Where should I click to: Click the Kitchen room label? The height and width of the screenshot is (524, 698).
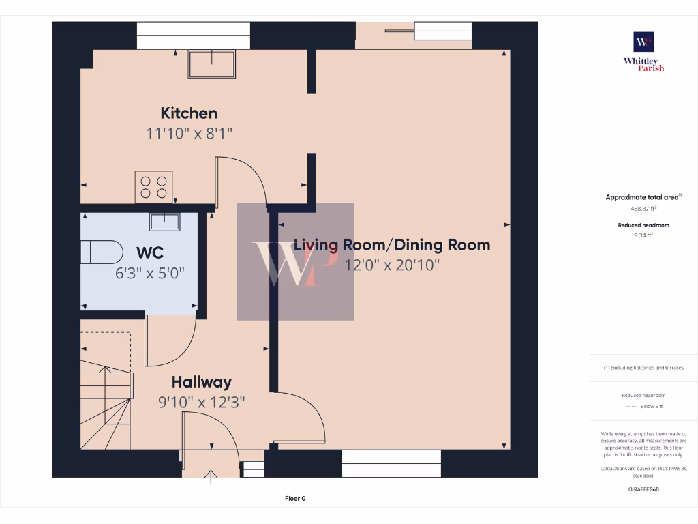click(189, 113)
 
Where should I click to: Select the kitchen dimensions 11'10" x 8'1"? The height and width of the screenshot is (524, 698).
click(189, 133)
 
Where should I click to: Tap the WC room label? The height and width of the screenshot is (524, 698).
click(150, 252)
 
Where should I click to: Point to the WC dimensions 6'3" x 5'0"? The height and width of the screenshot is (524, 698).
click(149, 273)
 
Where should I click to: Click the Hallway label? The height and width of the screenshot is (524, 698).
click(202, 382)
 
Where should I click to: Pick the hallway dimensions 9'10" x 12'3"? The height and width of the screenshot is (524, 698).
click(202, 403)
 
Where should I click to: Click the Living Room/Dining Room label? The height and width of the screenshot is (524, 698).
click(392, 245)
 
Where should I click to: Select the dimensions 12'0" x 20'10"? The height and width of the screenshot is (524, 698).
click(392, 265)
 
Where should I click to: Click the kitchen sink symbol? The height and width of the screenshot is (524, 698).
click(212, 65)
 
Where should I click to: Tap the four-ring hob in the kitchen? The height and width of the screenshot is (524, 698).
click(153, 187)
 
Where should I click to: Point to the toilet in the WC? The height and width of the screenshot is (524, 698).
click(102, 252)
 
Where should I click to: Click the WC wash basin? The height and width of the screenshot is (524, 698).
click(165, 222)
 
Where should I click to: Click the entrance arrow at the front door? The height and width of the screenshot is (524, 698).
click(211, 477)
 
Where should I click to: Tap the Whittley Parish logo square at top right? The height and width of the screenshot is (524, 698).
click(643, 42)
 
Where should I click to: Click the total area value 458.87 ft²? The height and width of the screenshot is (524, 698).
click(643, 209)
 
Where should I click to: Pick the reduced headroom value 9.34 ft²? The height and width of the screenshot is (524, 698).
click(643, 235)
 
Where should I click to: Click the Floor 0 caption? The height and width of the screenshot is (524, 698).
click(295, 499)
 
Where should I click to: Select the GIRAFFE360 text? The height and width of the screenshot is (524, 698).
click(643, 489)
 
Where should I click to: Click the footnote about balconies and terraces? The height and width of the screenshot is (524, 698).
click(643, 368)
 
